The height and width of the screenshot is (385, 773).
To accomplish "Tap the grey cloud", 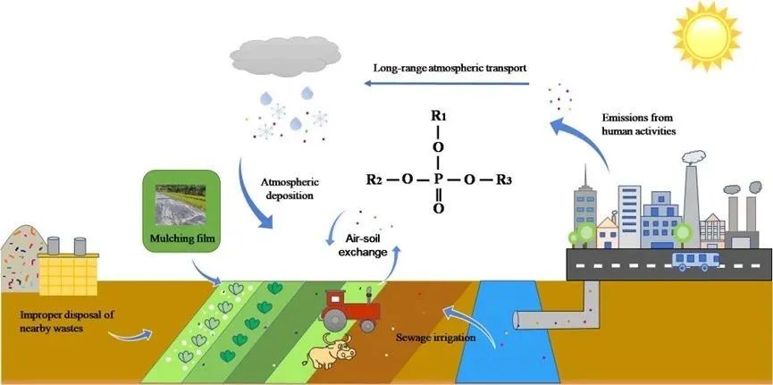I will pos(280,56).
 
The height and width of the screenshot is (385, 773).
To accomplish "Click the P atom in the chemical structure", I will pos(438,178).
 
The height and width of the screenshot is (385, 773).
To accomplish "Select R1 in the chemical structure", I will pos(438,116).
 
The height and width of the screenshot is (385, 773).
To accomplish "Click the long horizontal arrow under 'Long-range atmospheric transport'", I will pos(450,86).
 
